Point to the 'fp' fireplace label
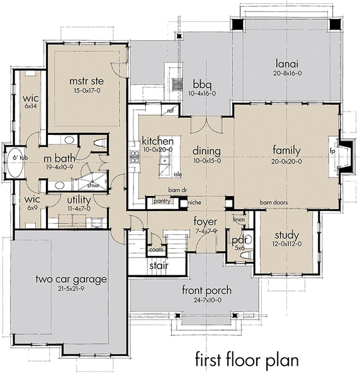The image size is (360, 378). point(333,151)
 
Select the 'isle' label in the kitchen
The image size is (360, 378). point(177,174)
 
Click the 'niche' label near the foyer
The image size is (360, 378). point(195,203)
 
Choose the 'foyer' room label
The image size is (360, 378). point(206,222)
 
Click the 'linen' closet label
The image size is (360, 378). point(238,219)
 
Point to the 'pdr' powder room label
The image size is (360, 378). point(238,239)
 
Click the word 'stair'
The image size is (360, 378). point(157,265)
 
